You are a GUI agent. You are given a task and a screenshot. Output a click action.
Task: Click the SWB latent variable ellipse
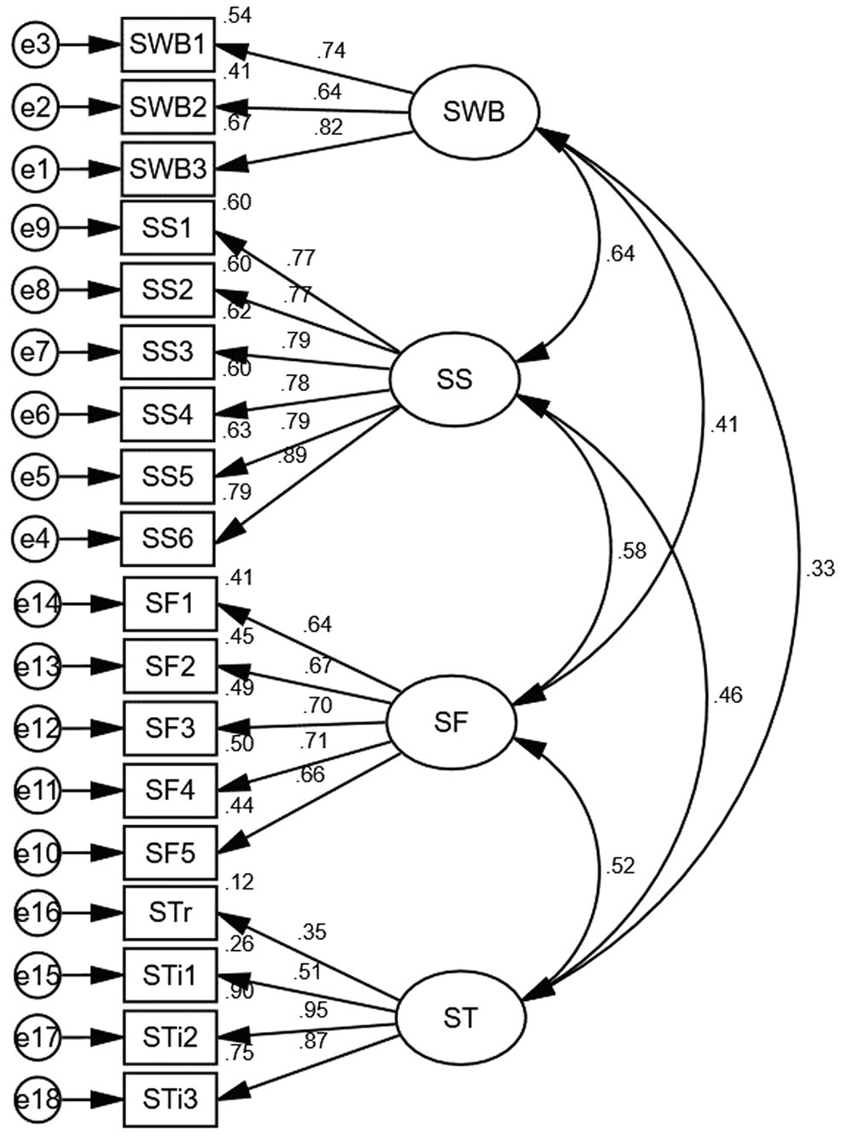coord(473,112)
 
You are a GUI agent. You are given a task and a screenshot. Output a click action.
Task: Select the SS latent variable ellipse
coord(454,380)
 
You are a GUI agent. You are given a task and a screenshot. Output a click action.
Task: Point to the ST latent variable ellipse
coord(461,1017)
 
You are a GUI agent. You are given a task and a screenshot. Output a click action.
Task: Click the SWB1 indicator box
coord(168,43)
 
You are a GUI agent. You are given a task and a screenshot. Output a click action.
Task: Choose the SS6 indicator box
coord(168,539)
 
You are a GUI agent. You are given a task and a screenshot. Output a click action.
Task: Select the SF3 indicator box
coord(170,728)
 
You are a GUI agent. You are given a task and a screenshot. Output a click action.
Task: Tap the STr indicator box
coord(170,913)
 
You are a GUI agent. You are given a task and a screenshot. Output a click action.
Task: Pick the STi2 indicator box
coord(170,1037)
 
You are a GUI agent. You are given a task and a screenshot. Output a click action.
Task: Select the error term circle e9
coord(35,228)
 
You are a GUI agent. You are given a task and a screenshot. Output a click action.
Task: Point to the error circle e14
coord(38,604)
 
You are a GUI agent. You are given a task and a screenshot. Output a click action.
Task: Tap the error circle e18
coord(38,1099)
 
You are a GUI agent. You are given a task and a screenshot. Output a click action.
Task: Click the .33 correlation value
coord(819,569)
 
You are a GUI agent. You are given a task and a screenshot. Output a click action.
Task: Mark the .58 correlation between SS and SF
coord(631,551)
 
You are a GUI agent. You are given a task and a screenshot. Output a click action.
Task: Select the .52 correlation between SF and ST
coord(620,866)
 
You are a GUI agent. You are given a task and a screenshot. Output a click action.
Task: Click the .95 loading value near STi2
coord(314,1011)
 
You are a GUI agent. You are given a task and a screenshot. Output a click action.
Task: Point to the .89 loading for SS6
coord(292,456)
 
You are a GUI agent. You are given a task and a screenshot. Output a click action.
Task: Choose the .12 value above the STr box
coord(240,883)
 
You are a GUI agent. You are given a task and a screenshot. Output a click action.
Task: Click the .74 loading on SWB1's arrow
coord(330,51)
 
